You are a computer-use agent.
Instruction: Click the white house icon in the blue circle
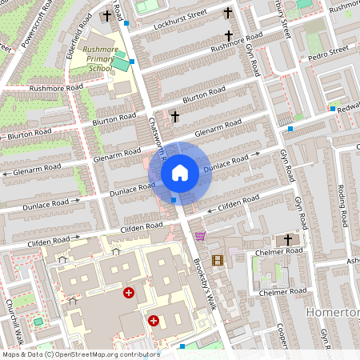(x=180, y=172)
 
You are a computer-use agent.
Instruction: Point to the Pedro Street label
(x=328, y=50)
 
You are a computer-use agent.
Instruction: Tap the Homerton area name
(x=333, y=309)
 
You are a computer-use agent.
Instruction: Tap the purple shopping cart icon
(x=199, y=235)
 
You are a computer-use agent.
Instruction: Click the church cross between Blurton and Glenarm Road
(x=174, y=117)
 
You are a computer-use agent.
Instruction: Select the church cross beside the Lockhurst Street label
(x=228, y=14)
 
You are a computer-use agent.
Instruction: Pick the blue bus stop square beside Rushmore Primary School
(x=132, y=62)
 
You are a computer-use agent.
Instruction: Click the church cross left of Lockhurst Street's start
(x=107, y=15)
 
